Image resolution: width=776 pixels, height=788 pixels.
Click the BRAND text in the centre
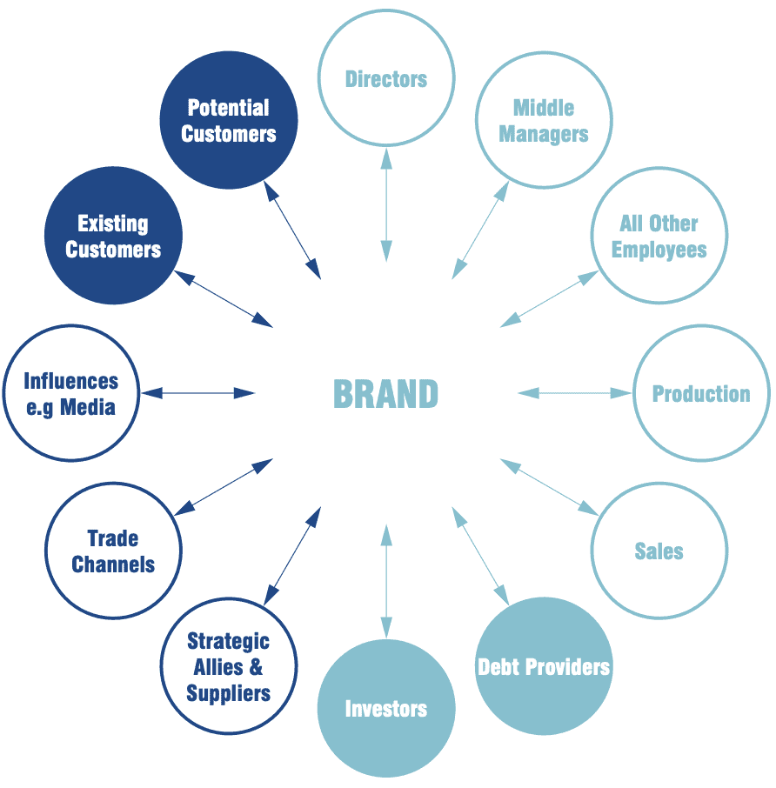(385, 394)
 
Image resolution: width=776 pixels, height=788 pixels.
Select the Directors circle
(386, 79)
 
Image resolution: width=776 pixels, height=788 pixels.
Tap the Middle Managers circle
(544, 121)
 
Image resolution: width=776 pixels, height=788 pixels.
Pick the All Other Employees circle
(659, 237)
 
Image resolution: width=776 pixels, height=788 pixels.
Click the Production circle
(701, 393)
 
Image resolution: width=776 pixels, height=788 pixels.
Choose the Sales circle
(659, 551)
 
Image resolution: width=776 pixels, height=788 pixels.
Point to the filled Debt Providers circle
(544, 667)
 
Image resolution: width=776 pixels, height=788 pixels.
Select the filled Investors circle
(386, 709)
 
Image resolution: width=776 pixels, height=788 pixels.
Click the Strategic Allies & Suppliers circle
(229, 667)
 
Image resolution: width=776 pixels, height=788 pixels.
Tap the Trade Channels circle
(113, 551)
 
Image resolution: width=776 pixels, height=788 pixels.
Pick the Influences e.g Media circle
(70, 393)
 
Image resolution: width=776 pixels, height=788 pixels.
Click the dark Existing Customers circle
(113, 237)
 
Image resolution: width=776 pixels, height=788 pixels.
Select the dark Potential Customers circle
(229, 121)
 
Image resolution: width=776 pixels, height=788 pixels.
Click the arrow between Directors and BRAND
(386, 200)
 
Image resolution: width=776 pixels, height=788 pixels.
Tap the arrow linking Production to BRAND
(575, 393)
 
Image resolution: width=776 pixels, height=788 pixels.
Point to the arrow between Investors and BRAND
(386, 583)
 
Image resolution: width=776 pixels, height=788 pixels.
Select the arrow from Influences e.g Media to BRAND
(198, 393)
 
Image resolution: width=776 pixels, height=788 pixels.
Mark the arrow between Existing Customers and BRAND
(224, 298)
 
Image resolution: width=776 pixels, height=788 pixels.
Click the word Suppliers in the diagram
(229, 693)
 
